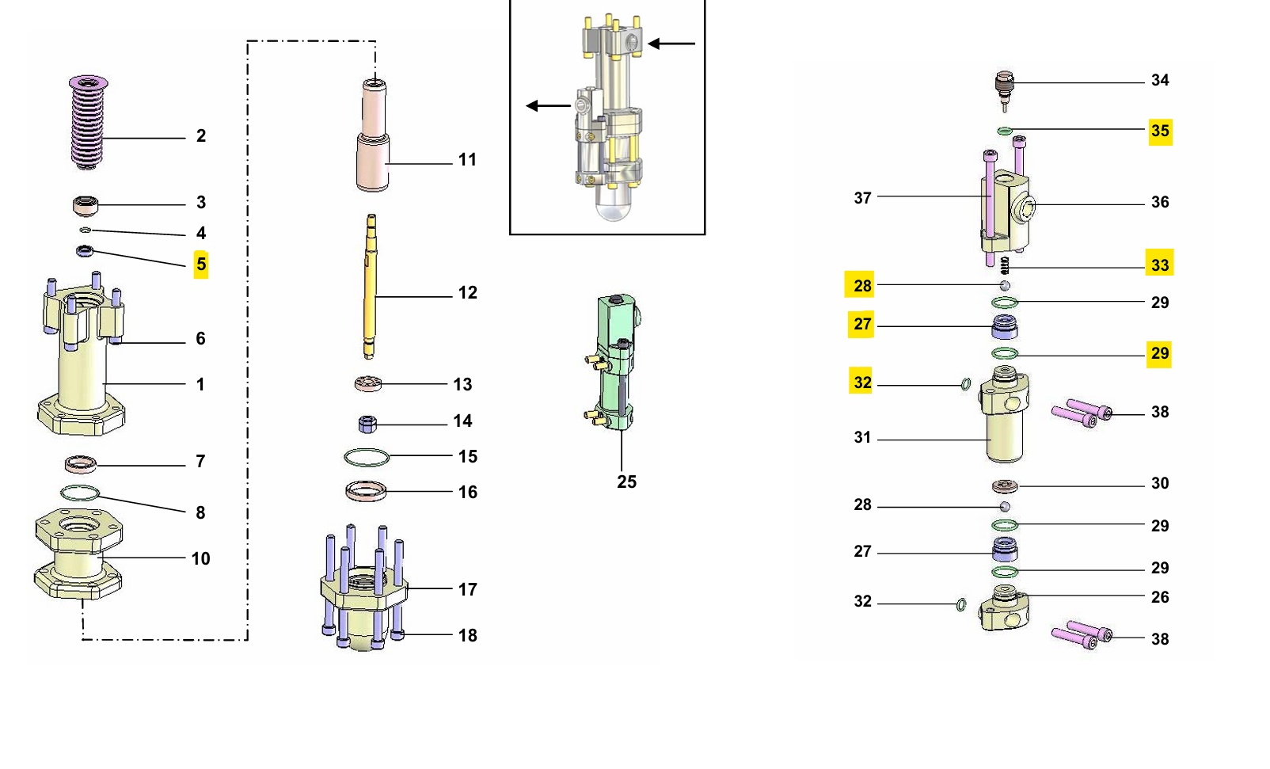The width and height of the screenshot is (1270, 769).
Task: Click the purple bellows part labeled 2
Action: click(88, 123)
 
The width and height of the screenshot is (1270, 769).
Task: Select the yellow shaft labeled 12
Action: click(371, 287)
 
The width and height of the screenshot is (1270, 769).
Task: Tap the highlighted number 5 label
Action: click(200, 265)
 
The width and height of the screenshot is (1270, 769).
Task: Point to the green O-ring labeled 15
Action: click(367, 457)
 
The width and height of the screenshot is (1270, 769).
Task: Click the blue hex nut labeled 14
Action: click(367, 424)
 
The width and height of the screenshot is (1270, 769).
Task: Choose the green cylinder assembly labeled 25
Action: click(614, 362)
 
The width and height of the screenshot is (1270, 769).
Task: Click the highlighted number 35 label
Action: click(1160, 131)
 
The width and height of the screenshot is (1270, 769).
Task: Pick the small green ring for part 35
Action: click(1005, 131)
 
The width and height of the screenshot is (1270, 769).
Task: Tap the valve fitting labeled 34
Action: click(1004, 90)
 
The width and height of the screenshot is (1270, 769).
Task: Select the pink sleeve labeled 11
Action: click(372, 135)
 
